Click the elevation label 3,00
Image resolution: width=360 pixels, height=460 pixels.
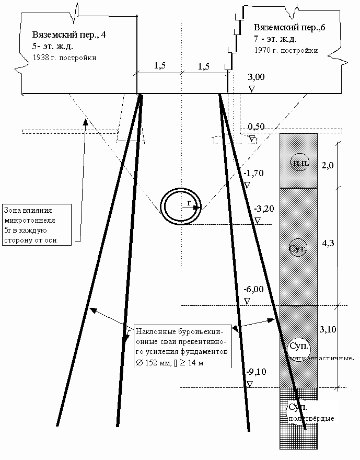click(x=256, y=77)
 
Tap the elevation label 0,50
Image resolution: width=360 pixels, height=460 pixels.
click(x=256, y=127)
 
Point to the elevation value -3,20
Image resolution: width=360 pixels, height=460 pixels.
click(x=264, y=209)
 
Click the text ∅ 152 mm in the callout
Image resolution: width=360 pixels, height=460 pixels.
click(x=153, y=363)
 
